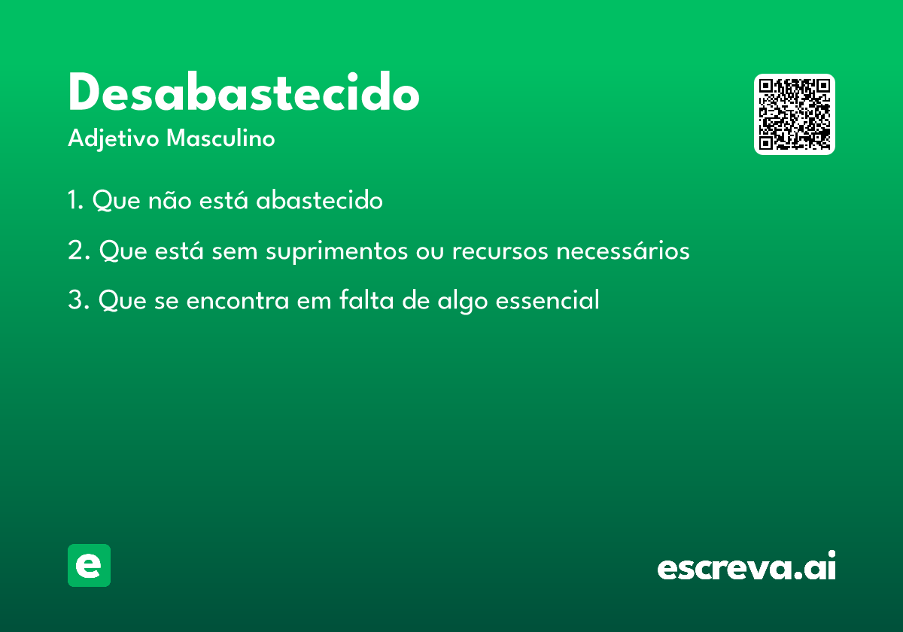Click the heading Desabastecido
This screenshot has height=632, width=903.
[244, 91]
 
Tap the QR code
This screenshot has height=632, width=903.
[794, 114]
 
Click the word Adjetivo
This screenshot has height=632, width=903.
[114, 139]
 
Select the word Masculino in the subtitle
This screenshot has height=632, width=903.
[220, 138]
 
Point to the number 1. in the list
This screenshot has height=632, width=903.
[75, 200]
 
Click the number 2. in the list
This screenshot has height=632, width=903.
[78, 251]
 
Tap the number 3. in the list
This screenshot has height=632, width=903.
[78, 300]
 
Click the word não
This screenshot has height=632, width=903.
[170, 200]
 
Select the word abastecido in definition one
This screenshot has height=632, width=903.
[319, 199]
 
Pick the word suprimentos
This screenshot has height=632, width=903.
[336, 252]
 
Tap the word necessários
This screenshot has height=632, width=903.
[623, 251]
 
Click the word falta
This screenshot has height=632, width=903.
[366, 299]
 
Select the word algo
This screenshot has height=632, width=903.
[462, 301]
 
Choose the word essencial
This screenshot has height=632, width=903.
[547, 299]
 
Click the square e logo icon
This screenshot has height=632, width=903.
[89, 565]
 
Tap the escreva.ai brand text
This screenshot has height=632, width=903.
[746, 565]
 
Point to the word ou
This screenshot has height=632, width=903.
[430, 252]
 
